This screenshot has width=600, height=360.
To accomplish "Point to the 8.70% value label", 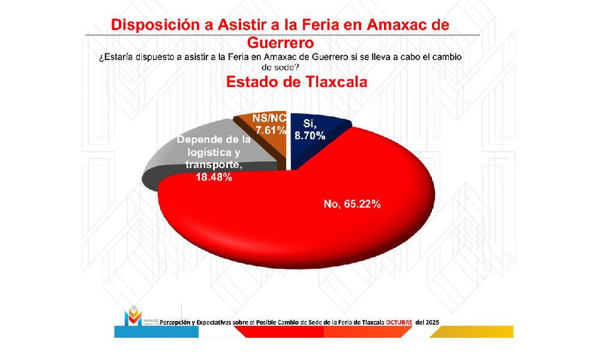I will pos(310,136).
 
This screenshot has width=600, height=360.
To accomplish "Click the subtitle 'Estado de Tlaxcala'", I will pos(296,82).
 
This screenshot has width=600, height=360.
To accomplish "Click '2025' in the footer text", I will pos(431,322).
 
